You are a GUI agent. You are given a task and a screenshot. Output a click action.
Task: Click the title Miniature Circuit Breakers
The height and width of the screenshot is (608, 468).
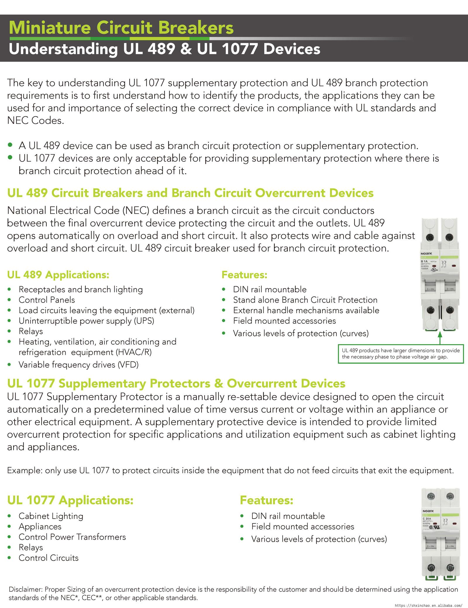pyautogui.click(x=121, y=28)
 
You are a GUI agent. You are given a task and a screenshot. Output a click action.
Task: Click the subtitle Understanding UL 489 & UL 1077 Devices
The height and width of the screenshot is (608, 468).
pyautogui.click(x=164, y=49)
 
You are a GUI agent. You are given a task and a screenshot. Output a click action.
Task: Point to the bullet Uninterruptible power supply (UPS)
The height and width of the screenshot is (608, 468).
pyautogui.click(x=86, y=321)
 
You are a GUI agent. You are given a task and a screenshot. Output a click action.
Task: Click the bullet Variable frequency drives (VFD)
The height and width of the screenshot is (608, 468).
pyautogui.click(x=78, y=365)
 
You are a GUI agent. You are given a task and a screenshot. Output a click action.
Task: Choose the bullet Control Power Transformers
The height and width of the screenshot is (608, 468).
pyautogui.click(x=72, y=537)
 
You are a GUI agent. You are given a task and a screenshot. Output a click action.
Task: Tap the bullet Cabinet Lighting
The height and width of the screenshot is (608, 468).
pyautogui.click(x=51, y=516)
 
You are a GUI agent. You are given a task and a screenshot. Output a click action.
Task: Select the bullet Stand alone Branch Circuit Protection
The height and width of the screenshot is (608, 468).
pyautogui.click(x=305, y=300)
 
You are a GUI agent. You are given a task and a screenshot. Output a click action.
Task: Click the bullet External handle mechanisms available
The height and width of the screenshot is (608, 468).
pyautogui.click(x=306, y=310)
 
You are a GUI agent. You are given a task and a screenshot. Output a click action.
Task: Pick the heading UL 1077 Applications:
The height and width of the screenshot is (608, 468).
pyautogui.click(x=70, y=500)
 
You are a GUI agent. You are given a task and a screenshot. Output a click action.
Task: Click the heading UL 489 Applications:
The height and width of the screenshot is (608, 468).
pyautogui.click(x=58, y=275)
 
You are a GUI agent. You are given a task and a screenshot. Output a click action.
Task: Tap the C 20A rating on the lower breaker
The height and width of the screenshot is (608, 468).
pyautogui.click(x=427, y=519)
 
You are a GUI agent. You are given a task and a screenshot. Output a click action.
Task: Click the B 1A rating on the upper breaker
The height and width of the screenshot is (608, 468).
pyautogui.click(x=424, y=261)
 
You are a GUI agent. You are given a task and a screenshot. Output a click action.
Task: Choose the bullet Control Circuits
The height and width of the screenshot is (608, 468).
pyautogui.click(x=49, y=558)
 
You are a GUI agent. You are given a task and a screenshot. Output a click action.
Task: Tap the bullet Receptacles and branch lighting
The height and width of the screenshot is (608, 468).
pyautogui.click(x=81, y=290)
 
